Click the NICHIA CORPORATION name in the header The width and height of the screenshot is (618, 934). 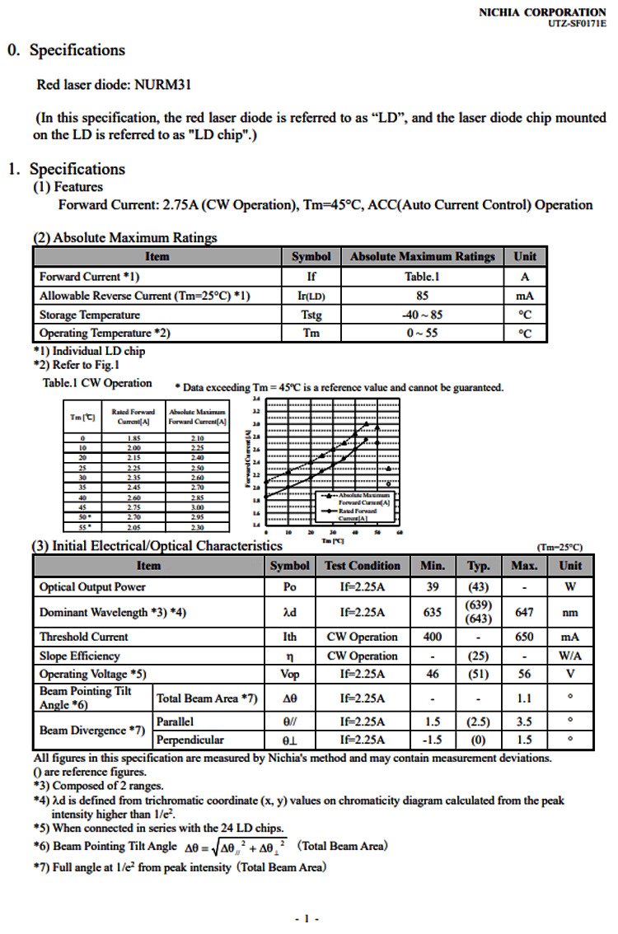[541, 12]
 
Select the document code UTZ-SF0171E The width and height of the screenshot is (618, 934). [576, 24]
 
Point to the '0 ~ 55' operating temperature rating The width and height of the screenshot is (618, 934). [421, 334]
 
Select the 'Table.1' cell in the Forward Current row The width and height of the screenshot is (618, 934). [421, 277]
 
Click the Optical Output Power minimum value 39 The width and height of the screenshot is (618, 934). [433, 587]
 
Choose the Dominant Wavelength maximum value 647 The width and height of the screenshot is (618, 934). [524, 612]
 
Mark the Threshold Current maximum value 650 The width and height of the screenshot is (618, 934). [524, 637]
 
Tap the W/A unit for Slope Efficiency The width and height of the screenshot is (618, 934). [569, 656]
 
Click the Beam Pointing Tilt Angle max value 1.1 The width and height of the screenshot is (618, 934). [524, 698]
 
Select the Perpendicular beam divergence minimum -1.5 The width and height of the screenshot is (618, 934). [433, 740]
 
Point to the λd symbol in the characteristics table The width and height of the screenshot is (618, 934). [289, 612]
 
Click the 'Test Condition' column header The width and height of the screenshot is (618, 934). [363, 566]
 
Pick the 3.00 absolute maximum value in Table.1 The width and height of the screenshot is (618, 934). [197, 507]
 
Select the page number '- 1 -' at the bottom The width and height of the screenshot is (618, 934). [307, 918]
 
